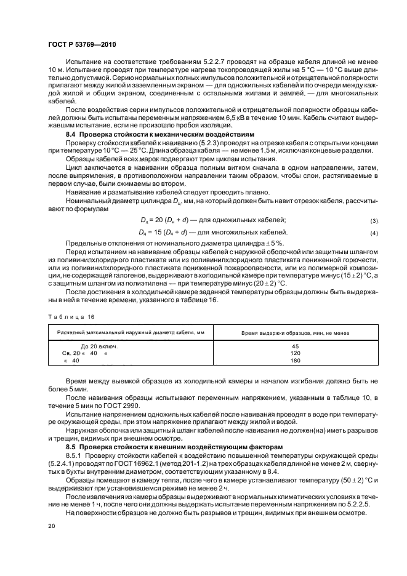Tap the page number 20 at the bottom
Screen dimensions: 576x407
(52, 526)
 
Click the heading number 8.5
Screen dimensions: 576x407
(71, 446)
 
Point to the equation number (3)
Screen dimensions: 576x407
(373, 221)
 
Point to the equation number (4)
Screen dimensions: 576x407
(373, 233)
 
